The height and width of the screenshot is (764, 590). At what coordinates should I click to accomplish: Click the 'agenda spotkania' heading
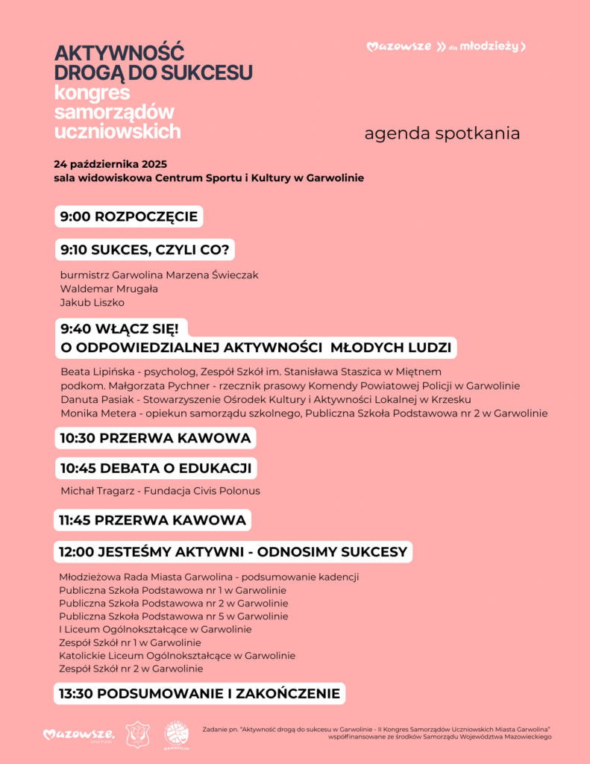click(442, 134)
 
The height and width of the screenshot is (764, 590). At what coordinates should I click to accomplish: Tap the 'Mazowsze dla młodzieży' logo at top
click(446, 47)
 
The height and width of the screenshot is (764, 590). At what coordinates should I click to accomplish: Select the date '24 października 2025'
click(110, 164)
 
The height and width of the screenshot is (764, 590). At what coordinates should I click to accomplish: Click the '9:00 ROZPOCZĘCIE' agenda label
click(129, 217)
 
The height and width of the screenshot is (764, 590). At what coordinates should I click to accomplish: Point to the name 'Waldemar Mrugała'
click(109, 289)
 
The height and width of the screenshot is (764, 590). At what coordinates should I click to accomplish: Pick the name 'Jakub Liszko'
click(92, 302)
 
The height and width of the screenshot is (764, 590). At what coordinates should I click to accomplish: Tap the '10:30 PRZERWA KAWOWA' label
click(155, 437)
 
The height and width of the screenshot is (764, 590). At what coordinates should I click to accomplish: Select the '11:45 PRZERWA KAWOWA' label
click(153, 519)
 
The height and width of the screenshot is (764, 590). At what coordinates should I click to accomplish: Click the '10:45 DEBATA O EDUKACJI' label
click(157, 469)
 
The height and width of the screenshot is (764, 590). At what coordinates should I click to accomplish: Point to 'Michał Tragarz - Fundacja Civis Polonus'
click(160, 491)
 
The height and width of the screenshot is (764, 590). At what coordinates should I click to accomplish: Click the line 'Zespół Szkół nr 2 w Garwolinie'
click(131, 669)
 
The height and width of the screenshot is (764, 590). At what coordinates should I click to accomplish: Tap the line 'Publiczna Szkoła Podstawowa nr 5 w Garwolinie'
click(174, 616)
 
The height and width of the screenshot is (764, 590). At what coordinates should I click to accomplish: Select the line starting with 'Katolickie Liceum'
click(177, 656)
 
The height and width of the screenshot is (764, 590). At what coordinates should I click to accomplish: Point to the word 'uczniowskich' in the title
click(117, 131)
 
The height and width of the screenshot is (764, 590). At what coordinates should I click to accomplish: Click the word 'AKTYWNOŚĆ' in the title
click(119, 53)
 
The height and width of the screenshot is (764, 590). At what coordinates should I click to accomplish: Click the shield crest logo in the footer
click(137, 734)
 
